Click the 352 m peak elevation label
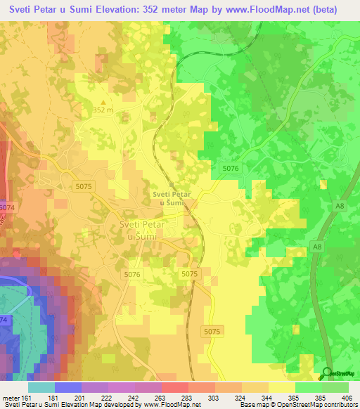103,110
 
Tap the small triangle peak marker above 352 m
103,103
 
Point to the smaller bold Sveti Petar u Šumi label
172,198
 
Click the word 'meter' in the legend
11,398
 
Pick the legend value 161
29,398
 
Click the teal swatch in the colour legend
41,387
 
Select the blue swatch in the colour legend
68,387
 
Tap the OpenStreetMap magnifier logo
326,374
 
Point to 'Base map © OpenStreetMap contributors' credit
298,405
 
